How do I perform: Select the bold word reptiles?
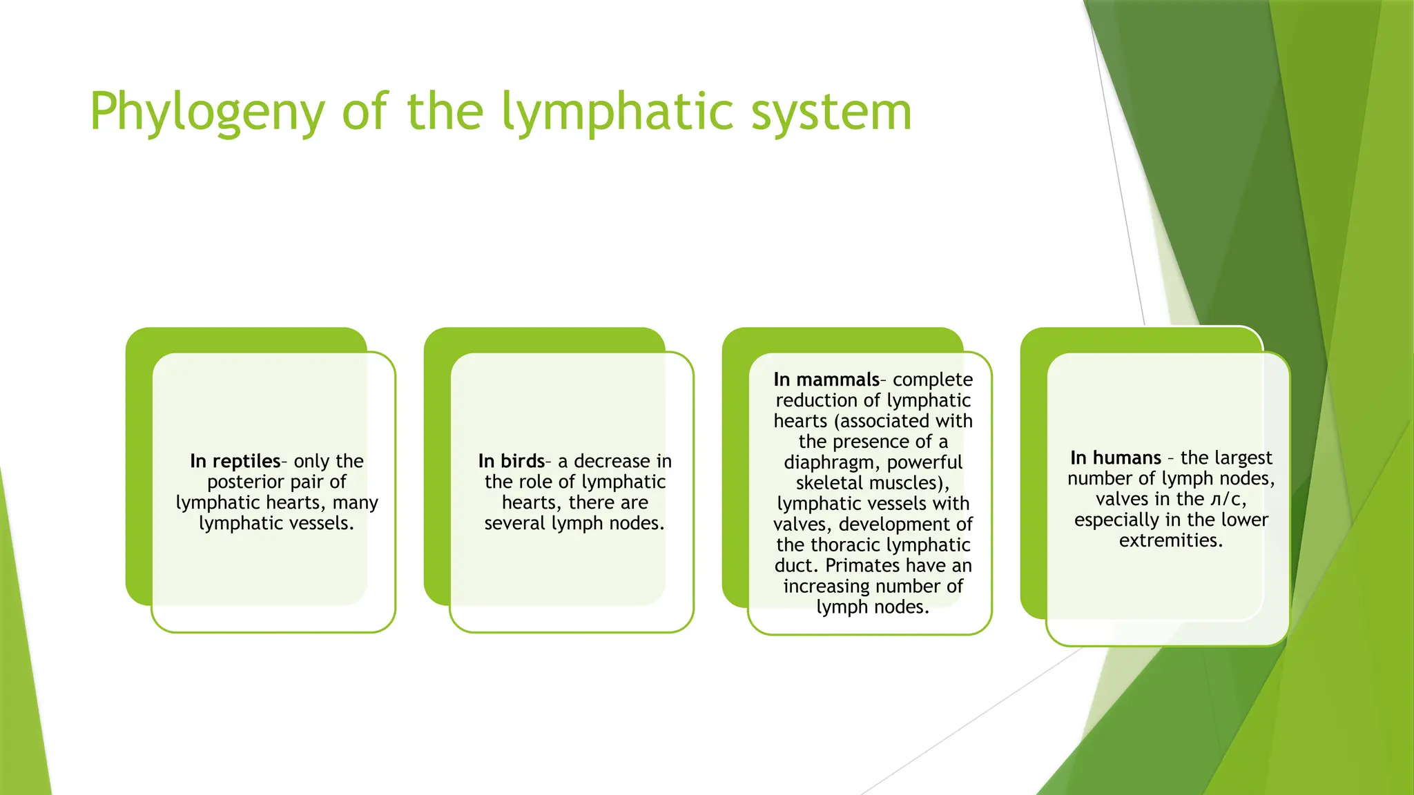246,461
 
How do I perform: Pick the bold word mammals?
837,380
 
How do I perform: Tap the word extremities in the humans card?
1170,540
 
